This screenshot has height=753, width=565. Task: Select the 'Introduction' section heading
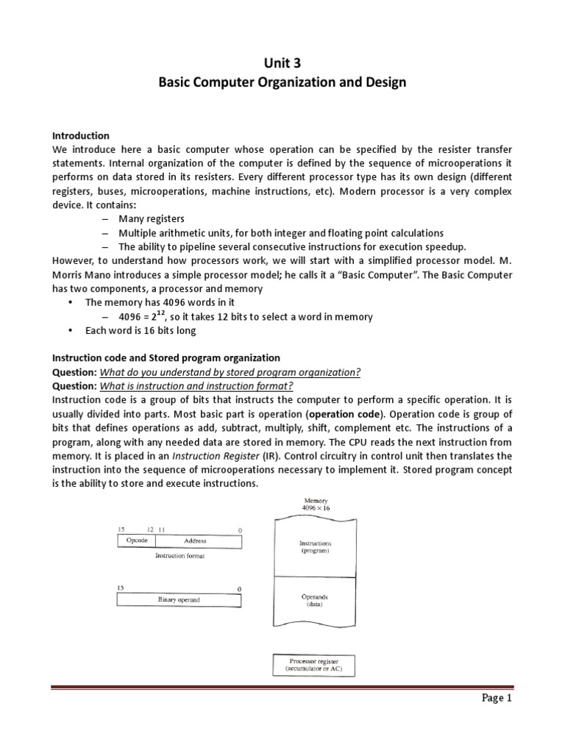click(81, 136)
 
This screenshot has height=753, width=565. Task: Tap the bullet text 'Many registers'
click(152, 219)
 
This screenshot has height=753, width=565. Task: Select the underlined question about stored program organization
click(230, 372)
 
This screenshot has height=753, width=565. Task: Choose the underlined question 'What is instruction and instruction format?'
click(196, 386)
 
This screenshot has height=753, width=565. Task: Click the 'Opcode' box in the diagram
click(138, 540)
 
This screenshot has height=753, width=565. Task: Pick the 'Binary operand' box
click(179, 600)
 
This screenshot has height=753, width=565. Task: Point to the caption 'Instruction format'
click(180, 556)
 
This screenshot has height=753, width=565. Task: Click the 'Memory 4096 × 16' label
click(316, 504)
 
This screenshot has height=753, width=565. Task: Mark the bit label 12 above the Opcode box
click(150, 529)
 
